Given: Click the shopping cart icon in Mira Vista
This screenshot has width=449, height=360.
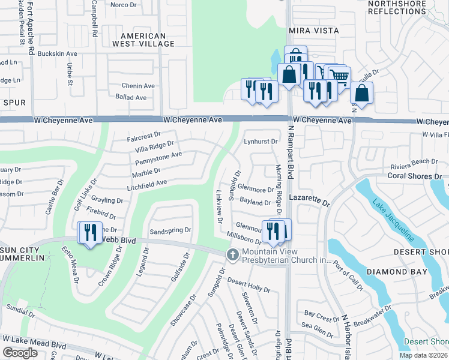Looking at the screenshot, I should [x=340, y=76].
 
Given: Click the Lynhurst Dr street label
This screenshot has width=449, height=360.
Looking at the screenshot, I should [x=261, y=142].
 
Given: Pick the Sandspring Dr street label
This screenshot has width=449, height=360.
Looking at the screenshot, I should [x=170, y=230].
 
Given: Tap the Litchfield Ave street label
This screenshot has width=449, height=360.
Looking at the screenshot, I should [x=146, y=185].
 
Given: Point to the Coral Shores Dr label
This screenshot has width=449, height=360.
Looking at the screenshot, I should [x=414, y=176].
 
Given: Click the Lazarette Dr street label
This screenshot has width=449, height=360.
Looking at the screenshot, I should [x=309, y=200].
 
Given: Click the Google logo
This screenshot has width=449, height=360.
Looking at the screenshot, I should [x=20, y=353].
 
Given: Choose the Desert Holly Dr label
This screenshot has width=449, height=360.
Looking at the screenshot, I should [x=249, y=286].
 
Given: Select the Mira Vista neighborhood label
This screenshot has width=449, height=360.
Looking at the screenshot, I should [x=314, y=30].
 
